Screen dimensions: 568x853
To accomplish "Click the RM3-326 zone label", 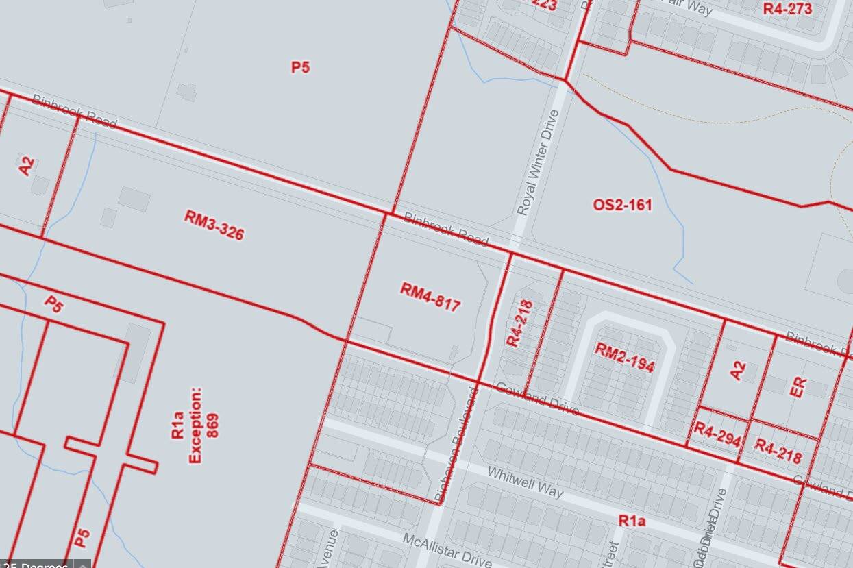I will (x=214, y=225).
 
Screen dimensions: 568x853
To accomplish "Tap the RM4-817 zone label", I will (x=430, y=297).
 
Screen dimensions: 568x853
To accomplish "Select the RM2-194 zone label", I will (x=624, y=357).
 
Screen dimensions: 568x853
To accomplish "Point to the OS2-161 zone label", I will (x=622, y=205).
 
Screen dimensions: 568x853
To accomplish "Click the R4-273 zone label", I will (x=787, y=8).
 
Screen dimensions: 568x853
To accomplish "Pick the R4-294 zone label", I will (x=717, y=434).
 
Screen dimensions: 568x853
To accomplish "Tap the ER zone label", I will (x=799, y=387).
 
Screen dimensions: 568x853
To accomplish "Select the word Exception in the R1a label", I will (x=195, y=425).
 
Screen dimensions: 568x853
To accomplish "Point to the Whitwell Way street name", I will (x=525, y=483).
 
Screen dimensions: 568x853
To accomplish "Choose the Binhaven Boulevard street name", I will (x=455, y=444).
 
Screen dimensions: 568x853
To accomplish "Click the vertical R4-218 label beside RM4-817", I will (x=519, y=323).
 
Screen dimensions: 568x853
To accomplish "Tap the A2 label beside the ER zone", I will (x=737, y=371).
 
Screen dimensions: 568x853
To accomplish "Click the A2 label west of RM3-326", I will (x=26, y=166).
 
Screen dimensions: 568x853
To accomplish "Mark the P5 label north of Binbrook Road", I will (x=300, y=67).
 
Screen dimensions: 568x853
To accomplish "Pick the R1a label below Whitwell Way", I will (x=632, y=521).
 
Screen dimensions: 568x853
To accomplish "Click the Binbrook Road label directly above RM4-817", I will (x=445, y=230).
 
